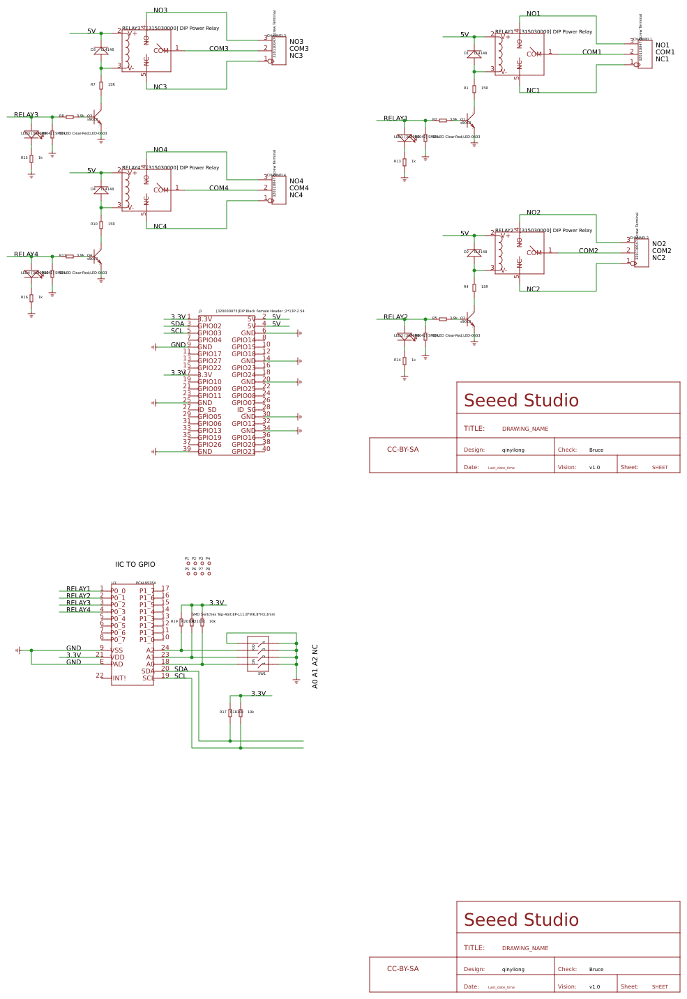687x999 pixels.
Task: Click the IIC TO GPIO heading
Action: point(135,565)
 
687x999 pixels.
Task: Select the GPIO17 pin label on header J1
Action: point(209,354)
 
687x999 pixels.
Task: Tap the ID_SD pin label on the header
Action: point(207,410)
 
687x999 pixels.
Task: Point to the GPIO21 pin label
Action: point(243,452)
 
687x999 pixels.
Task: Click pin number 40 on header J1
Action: point(266,449)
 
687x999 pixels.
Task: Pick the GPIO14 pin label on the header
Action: point(243,340)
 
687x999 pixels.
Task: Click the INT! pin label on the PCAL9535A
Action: point(119,678)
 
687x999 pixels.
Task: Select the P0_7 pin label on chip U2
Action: point(118,640)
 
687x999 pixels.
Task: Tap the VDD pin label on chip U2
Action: point(117,657)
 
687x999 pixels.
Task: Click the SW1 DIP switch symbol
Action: point(258,654)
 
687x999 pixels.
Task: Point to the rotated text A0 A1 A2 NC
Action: point(315,666)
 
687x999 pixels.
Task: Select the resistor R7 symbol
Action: point(101,85)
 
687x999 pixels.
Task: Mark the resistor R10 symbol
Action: point(101,224)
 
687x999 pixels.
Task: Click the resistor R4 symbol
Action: point(474,287)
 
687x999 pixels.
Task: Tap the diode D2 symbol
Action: point(474,252)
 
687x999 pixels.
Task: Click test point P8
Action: point(209,574)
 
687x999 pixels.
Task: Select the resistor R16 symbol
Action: point(31,298)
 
